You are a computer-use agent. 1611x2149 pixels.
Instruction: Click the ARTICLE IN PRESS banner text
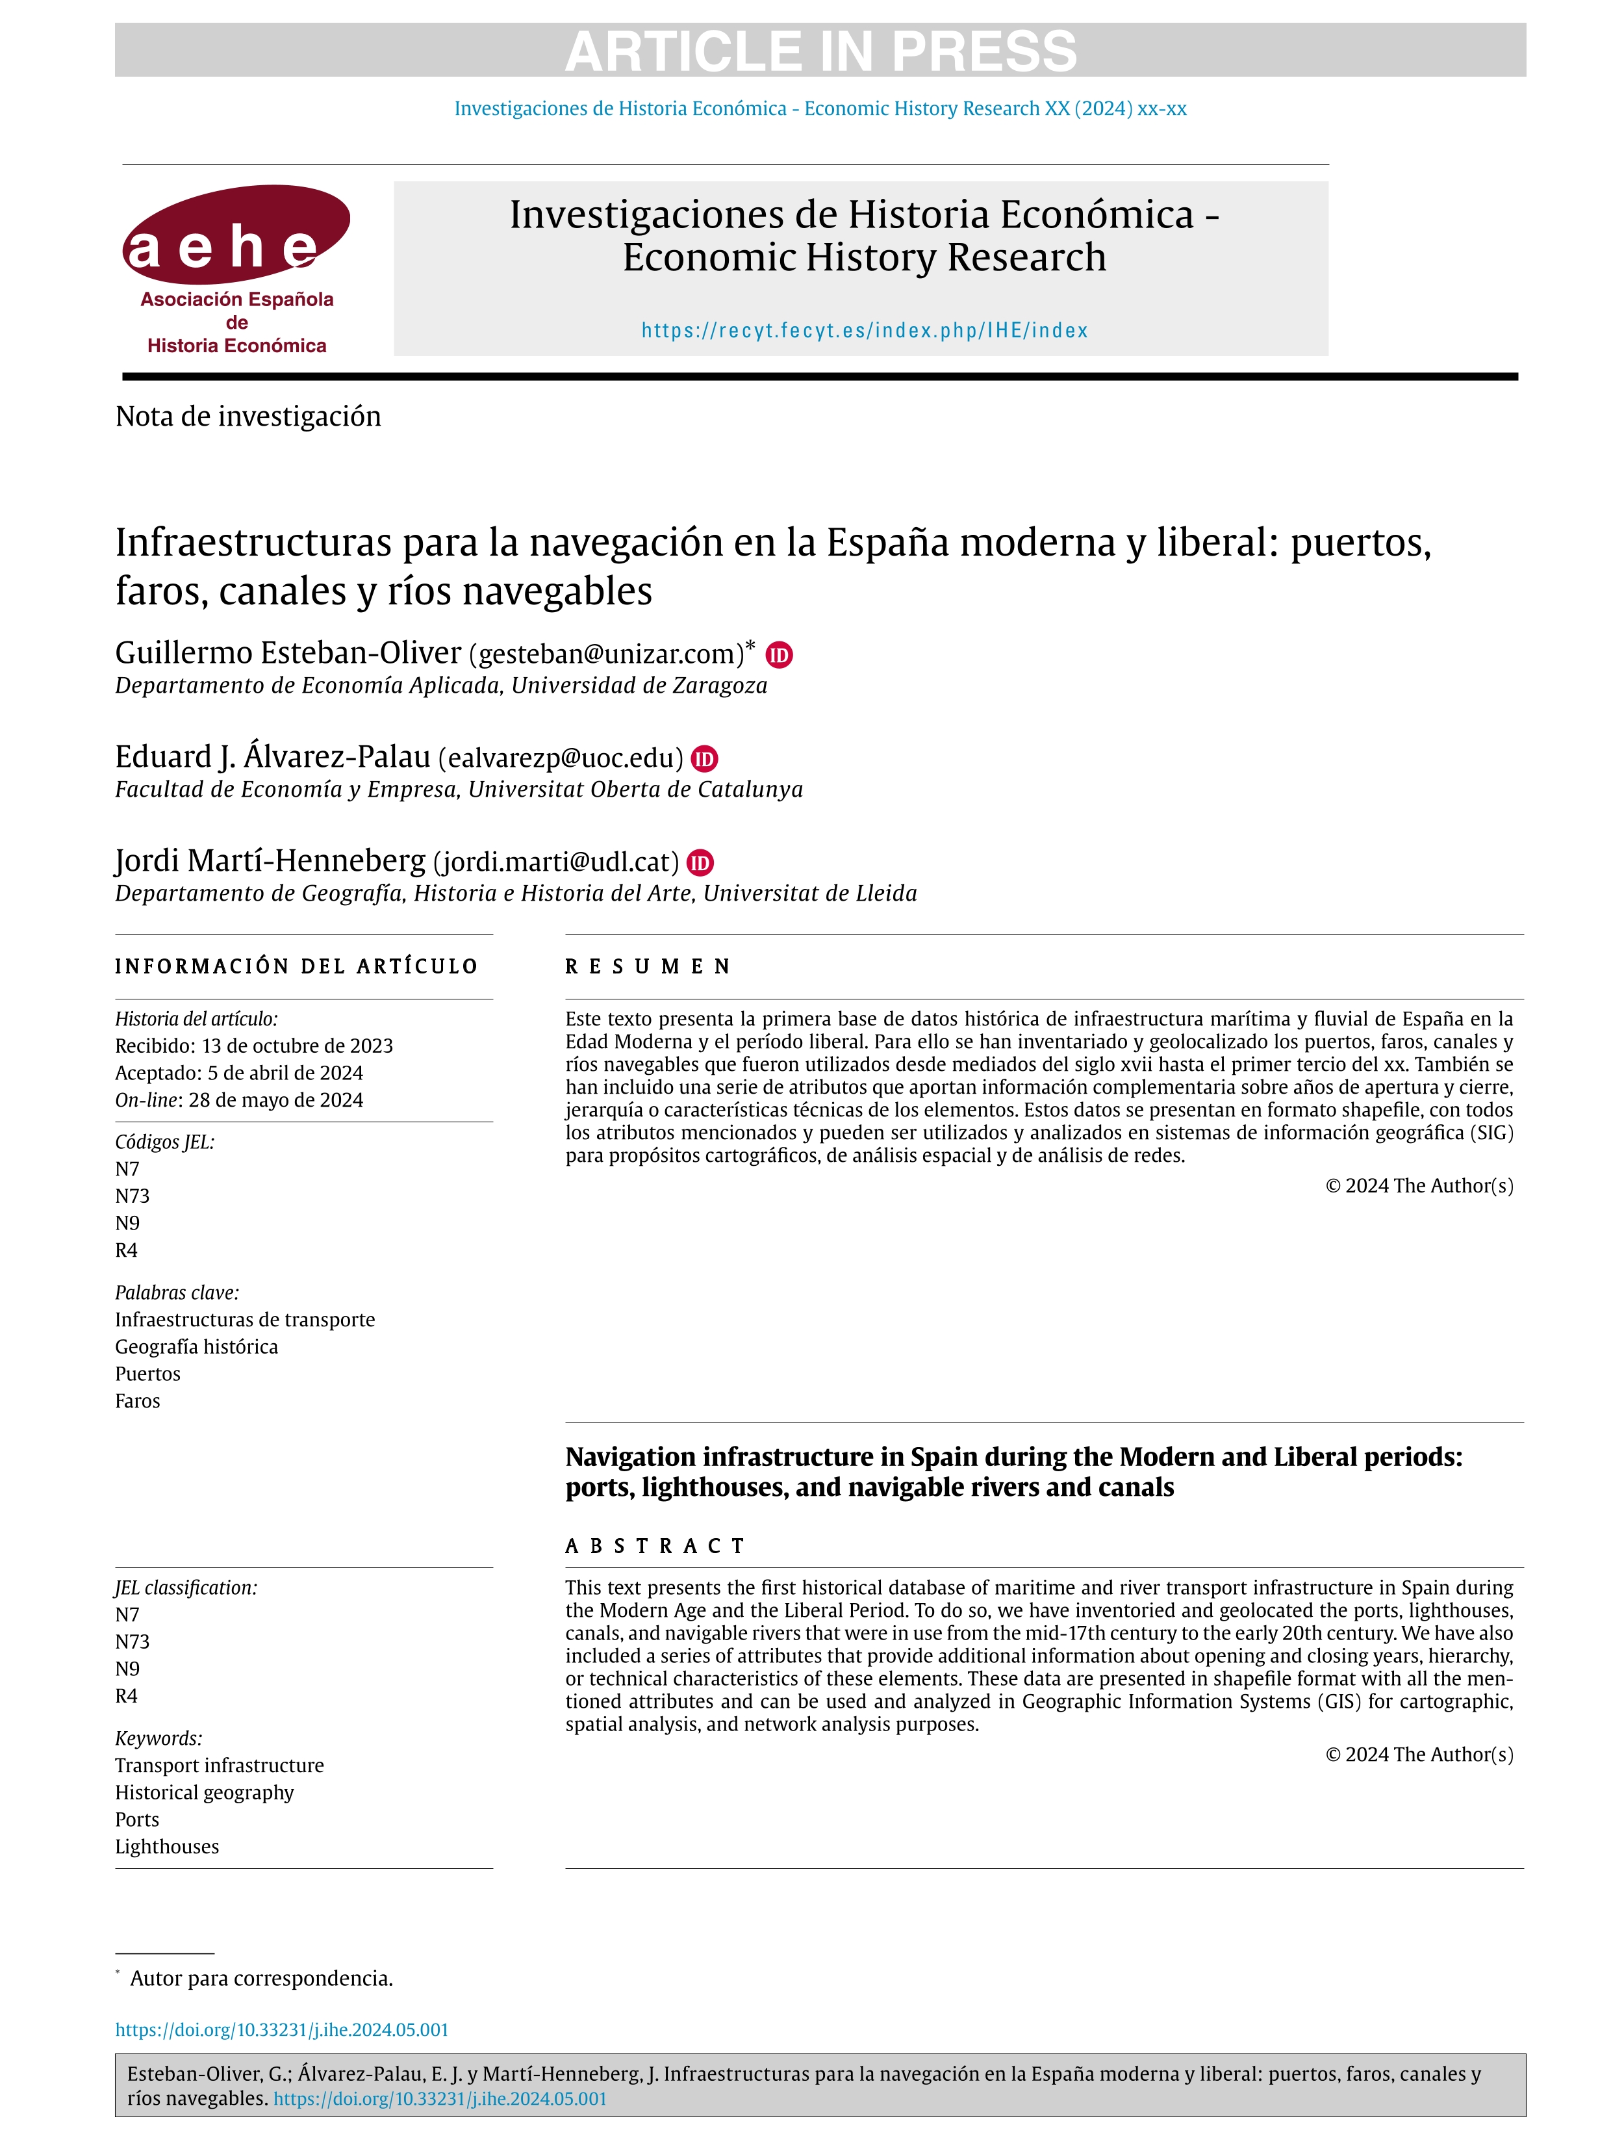click(x=820, y=51)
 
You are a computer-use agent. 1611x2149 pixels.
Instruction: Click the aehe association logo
click(x=236, y=269)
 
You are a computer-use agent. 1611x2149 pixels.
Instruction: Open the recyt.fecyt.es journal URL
click(x=864, y=330)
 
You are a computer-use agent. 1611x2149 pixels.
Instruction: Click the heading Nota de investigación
click(x=247, y=417)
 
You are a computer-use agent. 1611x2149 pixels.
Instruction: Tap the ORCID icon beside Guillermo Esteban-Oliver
click(x=779, y=655)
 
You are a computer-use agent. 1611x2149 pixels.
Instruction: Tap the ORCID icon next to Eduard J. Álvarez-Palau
click(x=704, y=759)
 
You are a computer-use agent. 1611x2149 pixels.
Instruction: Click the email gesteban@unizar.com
click(x=606, y=654)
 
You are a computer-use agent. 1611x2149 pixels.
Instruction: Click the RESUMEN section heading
click(x=648, y=967)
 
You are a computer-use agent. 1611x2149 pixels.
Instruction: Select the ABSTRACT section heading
click(x=655, y=1546)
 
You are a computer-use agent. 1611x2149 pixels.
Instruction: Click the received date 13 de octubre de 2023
click(x=297, y=1046)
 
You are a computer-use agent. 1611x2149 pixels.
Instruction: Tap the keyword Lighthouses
click(x=167, y=1847)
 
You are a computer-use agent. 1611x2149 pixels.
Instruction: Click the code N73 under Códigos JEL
click(x=132, y=1196)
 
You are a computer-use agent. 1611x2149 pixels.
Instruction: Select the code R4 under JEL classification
click(x=126, y=1696)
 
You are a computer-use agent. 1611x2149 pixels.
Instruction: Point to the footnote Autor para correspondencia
click(x=261, y=1979)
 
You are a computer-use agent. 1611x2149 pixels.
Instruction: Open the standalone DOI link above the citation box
click(x=282, y=2031)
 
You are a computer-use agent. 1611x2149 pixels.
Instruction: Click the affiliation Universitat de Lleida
click(x=810, y=894)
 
